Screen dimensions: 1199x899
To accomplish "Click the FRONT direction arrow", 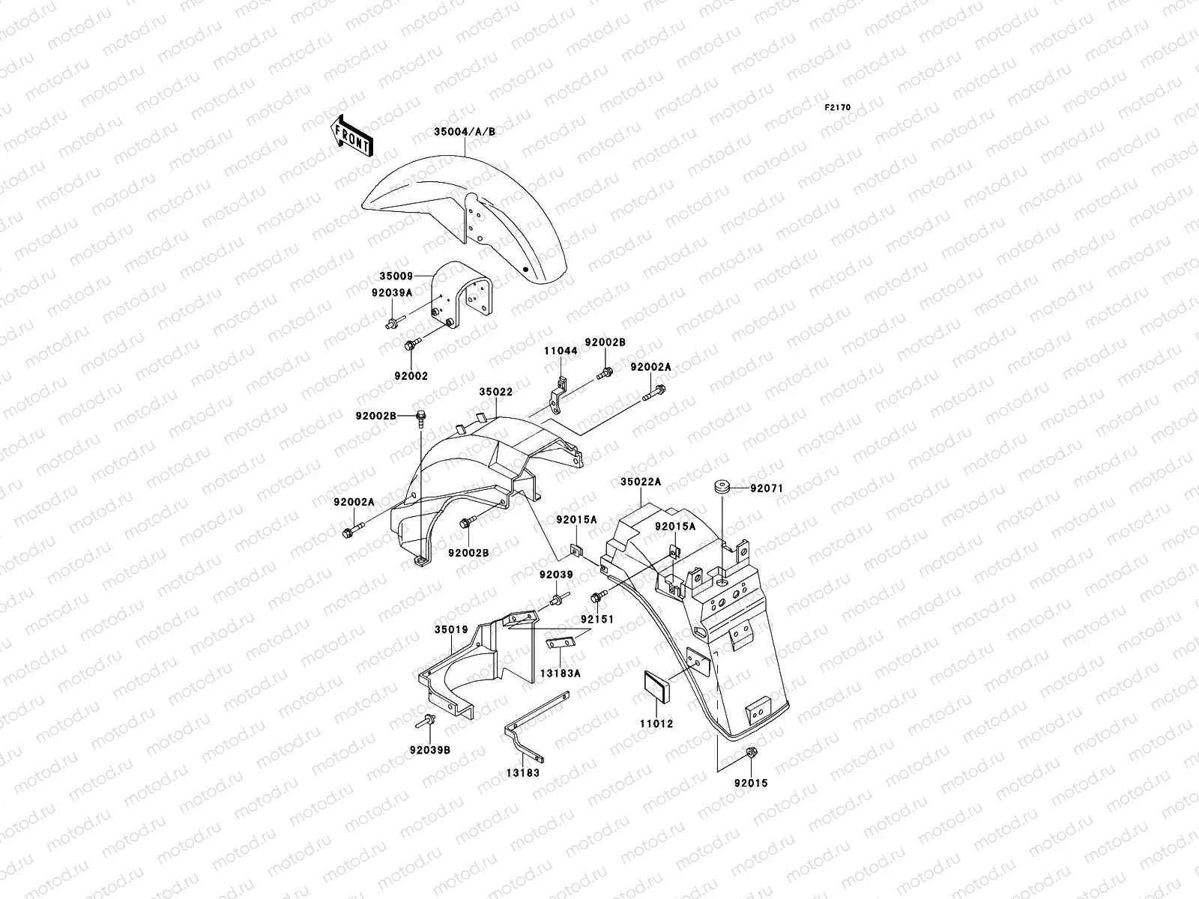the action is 352,136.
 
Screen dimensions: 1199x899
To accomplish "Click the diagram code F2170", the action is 837,108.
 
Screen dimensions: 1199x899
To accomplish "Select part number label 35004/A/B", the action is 465,132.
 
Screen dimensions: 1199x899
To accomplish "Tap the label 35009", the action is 396,276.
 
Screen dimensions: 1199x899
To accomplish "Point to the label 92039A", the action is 392,293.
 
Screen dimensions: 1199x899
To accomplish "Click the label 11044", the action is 561,351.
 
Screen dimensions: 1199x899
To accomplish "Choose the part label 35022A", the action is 640,482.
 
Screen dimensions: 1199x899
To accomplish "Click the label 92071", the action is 767,488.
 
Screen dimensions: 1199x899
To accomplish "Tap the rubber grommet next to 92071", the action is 722,488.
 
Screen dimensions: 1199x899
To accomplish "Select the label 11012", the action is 656,724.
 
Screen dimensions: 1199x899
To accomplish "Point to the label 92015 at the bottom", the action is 751,784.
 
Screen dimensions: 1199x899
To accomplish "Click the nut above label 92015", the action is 751,752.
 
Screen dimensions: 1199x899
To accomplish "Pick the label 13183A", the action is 560,674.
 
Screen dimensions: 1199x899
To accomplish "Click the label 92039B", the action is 430,750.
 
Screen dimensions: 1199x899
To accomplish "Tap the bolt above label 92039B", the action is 425,721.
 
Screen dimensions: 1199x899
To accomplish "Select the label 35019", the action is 451,629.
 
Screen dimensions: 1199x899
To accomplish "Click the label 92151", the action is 597,620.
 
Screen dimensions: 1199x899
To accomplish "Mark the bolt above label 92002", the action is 413,345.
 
